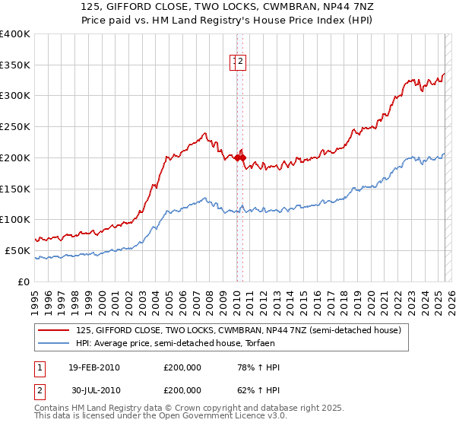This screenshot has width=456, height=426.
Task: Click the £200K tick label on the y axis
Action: click(x=14, y=157)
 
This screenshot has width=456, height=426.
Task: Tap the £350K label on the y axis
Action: click(x=14, y=65)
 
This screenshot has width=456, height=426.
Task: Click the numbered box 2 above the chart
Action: click(x=240, y=62)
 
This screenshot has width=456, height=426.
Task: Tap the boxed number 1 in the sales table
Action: click(x=40, y=368)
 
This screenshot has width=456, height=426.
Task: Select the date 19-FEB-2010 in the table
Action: click(x=94, y=368)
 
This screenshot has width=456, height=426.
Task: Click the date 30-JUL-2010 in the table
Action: click(x=95, y=390)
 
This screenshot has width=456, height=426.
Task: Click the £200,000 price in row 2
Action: click(x=182, y=390)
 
